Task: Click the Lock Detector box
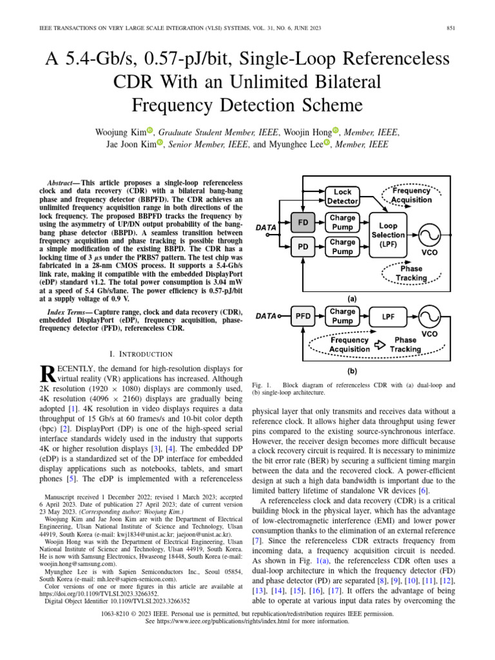tap(342, 197)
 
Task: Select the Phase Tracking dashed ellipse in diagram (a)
tap(411, 273)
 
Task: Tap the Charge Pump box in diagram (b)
tap(342, 316)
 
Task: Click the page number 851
tap(451, 27)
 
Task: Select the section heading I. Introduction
tap(141, 354)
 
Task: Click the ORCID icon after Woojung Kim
tap(150, 131)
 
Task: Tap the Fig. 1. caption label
tap(261, 385)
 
